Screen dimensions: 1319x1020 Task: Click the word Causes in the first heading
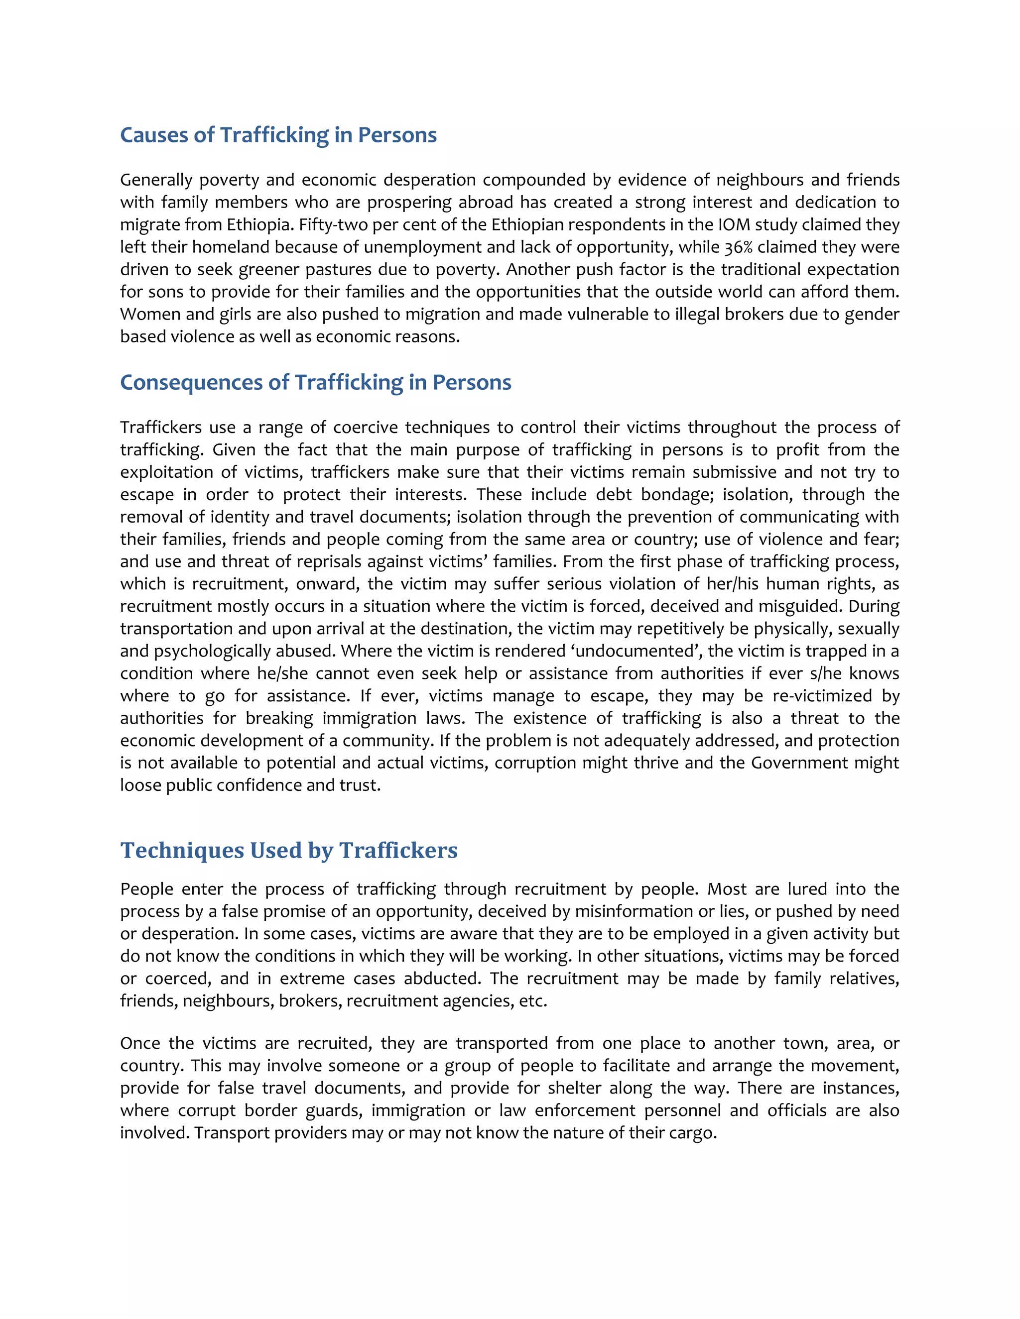tap(154, 135)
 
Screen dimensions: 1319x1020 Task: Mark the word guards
tap(334, 1110)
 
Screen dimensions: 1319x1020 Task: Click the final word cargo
tap(695, 1133)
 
